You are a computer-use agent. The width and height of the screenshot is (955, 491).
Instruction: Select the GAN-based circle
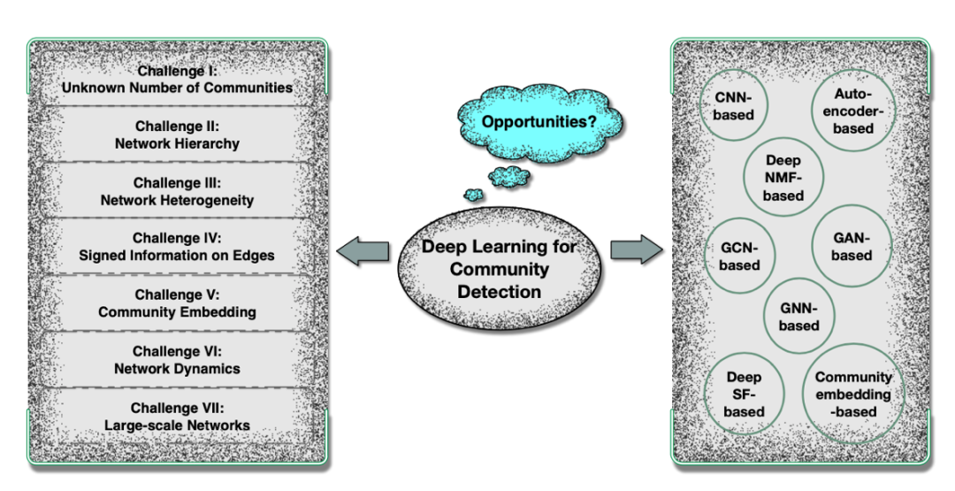852,247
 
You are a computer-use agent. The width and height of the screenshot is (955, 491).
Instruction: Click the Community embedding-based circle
852,394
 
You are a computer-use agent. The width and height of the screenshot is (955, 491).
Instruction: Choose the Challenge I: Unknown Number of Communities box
177,79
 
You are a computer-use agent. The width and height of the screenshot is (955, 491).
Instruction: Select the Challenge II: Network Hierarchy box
177,134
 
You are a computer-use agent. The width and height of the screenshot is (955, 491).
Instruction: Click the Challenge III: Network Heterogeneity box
177,191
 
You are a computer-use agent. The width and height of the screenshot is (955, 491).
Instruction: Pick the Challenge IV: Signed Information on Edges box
177,247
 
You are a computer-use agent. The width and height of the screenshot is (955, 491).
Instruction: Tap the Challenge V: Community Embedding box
177,303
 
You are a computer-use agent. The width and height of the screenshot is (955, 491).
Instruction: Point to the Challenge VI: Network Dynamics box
177,359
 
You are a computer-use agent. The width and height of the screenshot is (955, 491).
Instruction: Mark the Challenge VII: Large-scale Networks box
177,416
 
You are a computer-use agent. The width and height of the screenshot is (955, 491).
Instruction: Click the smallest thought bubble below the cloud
475,194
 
